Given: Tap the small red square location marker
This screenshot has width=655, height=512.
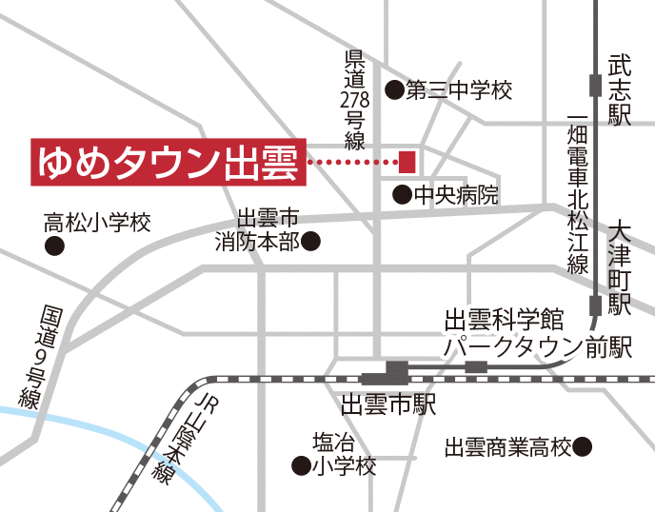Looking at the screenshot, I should click(x=407, y=159).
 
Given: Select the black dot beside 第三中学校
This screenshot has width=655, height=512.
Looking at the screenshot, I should click(x=393, y=90).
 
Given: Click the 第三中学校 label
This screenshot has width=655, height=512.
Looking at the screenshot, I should click(x=459, y=90).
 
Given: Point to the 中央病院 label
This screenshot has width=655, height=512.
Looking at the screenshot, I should click(x=456, y=195).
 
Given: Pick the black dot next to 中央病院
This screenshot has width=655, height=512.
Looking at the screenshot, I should click(x=403, y=195).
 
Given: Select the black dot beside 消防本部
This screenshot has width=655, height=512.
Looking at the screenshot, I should click(x=310, y=242).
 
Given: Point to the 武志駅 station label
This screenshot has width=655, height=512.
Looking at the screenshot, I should click(x=621, y=91).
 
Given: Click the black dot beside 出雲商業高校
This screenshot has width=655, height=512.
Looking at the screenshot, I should click(x=584, y=445).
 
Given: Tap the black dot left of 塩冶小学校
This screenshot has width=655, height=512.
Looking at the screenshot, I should click(x=300, y=466).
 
